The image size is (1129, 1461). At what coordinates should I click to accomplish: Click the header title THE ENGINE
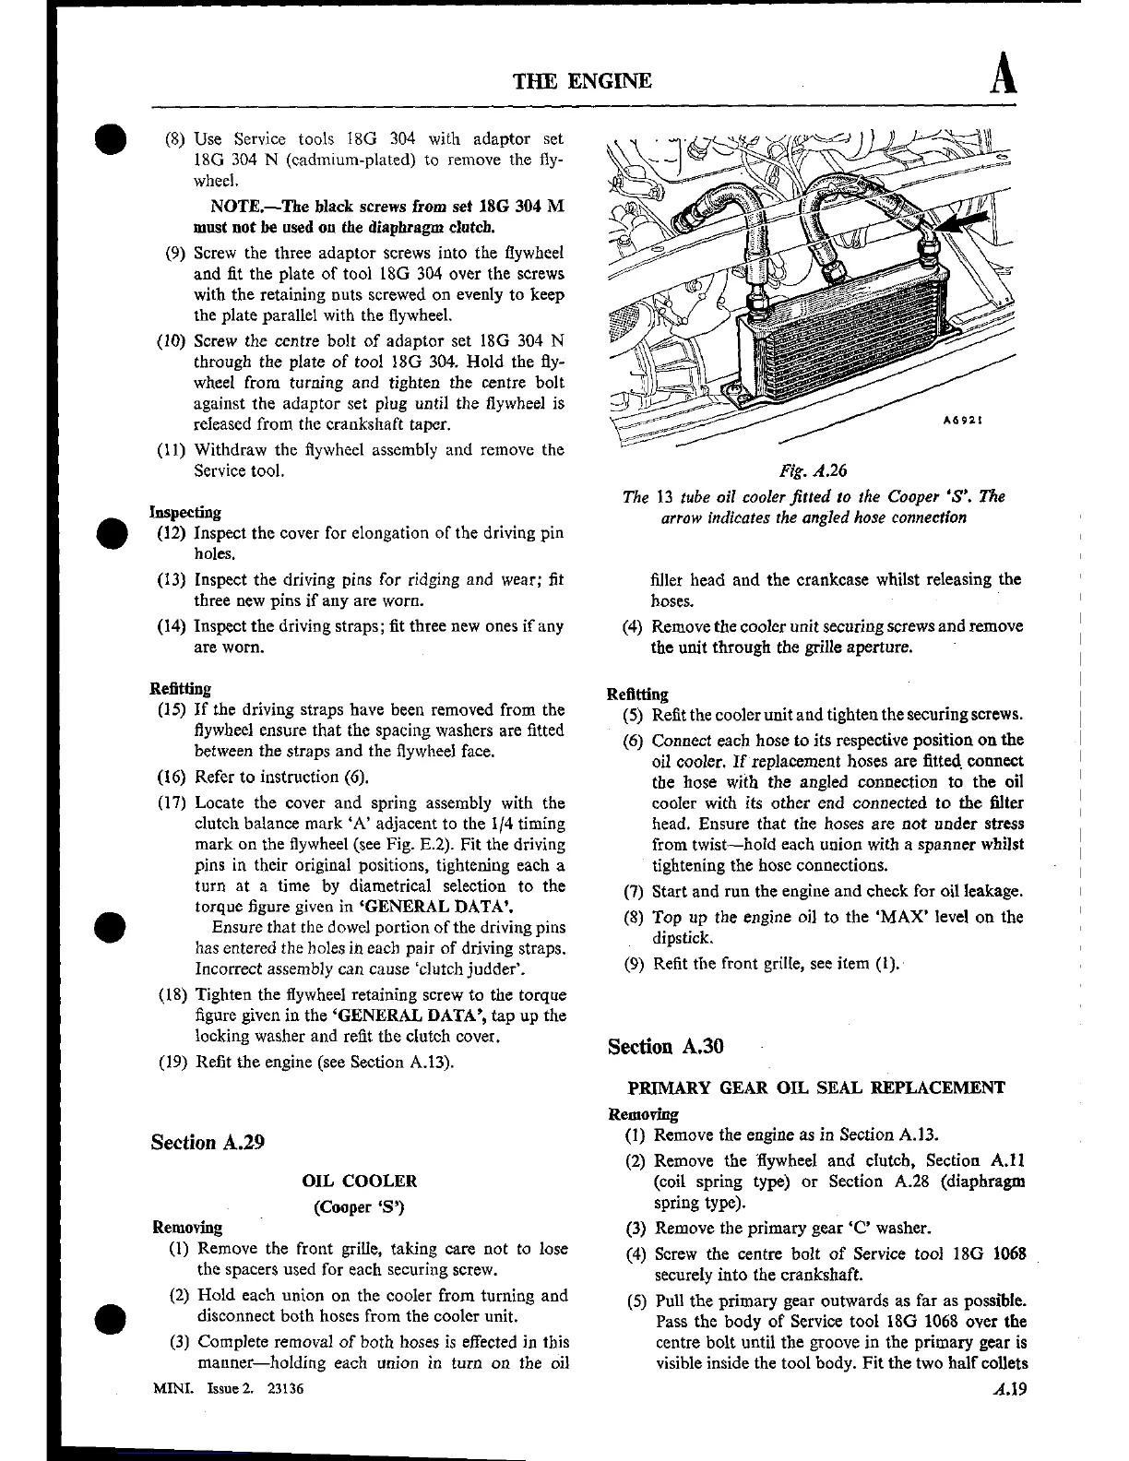(582, 81)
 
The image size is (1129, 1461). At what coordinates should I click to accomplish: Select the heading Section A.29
(208, 1142)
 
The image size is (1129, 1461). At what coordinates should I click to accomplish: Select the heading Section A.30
(665, 1046)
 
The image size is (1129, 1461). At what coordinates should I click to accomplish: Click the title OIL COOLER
(360, 1181)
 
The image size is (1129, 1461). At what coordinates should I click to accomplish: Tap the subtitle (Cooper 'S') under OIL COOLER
(360, 1206)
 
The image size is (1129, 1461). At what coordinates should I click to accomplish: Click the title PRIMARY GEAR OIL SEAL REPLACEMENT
(815, 1087)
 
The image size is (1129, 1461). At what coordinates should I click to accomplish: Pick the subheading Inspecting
(185, 512)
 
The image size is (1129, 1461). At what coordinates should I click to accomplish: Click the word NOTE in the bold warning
(235, 206)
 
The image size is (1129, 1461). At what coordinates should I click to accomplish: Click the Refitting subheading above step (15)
(180, 688)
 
